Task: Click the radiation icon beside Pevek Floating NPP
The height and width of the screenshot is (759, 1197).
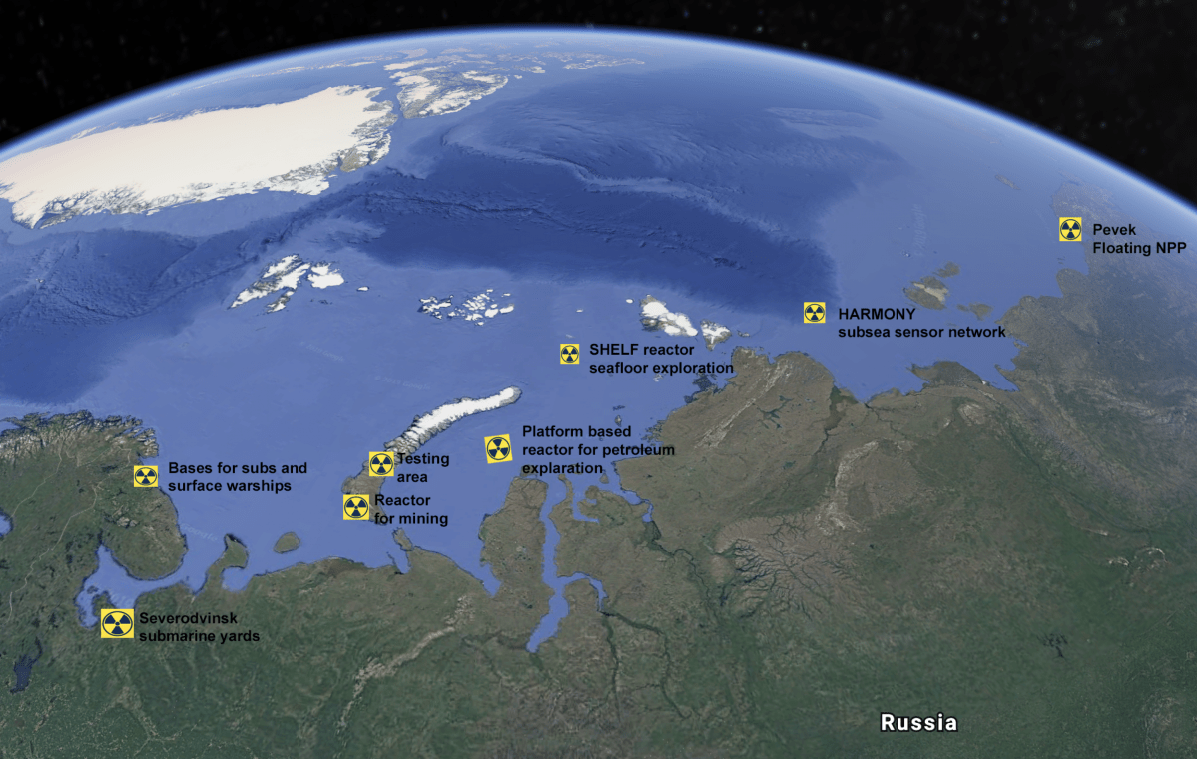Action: point(1070,230)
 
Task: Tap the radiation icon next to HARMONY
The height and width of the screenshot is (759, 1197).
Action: point(815,313)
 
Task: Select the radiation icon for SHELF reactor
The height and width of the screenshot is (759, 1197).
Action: point(569,353)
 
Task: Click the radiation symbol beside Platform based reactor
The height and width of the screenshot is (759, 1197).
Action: point(498,449)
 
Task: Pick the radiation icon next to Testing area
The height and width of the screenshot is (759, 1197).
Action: point(381,464)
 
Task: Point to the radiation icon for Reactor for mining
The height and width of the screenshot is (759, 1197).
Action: point(356,507)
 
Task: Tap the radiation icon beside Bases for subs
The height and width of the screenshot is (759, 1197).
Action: point(146,476)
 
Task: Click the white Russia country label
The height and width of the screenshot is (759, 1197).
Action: point(918,722)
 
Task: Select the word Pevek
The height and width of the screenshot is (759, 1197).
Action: point(1114,230)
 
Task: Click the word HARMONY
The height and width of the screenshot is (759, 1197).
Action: point(877,314)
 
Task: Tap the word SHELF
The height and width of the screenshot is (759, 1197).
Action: point(612,350)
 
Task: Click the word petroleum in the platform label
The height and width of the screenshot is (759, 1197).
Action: point(638,450)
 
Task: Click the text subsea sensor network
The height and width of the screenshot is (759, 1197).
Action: point(921,332)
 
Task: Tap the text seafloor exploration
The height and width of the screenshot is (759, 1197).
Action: point(661,369)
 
